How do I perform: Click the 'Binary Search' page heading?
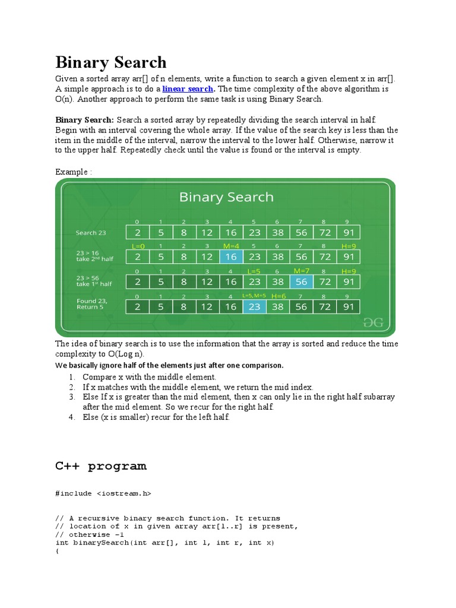pos(111,62)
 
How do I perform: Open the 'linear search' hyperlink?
pos(187,89)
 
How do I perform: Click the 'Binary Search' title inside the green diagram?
pos(226,197)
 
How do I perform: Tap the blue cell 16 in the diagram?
pos(230,256)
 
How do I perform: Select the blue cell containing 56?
pos(302,281)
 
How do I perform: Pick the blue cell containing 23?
pos(254,306)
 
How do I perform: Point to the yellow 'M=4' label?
pos(230,246)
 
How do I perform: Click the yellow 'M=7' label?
pos(302,271)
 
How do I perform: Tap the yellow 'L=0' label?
pos(138,246)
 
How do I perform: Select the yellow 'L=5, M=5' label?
pos(254,296)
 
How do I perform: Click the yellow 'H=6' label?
pos(278,296)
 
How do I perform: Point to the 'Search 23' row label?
pos(91,233)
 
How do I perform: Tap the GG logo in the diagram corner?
pos(373,322)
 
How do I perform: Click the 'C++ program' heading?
pos(101,466)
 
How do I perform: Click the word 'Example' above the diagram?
pos(72,172)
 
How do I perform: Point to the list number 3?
pos(71,397)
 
